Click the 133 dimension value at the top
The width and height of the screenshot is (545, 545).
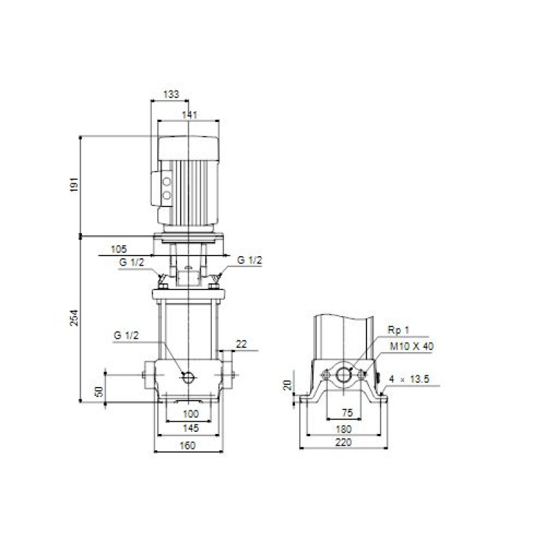tap(171, 94)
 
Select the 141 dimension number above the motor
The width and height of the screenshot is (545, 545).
tap(190, 114)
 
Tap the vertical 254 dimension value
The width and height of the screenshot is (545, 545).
tap(74, 317)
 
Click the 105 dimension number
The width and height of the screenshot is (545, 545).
tap(119, 249)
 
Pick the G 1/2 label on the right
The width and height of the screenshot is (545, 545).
tap(249, 260)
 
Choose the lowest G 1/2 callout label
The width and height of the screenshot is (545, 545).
tap(126, 335)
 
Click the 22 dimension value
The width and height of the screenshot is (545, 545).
tap(241, 344)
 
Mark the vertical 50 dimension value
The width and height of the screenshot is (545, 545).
tap(99, 391)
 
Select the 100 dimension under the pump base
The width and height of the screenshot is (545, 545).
tap(191, 414)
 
